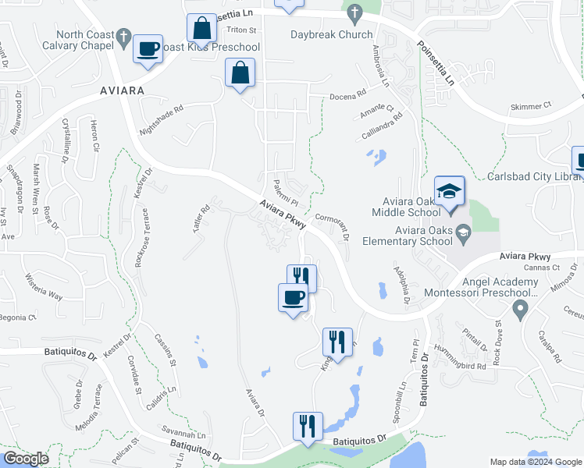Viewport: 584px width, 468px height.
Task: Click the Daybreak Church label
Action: click(331, 34)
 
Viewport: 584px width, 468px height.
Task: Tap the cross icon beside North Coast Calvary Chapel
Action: click(123, 36)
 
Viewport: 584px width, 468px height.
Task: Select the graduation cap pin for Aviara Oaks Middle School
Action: click(450, 191)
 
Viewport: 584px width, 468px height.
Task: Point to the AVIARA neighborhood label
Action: click(123, 90)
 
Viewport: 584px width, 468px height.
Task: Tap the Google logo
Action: click(26, 459)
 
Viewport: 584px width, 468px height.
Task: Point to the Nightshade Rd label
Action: click(161, 119)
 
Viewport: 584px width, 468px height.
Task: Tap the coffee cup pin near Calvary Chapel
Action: click(148, 48)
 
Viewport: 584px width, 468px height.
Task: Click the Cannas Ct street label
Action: click(543, 268)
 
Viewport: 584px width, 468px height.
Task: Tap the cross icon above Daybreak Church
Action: click(354, 13)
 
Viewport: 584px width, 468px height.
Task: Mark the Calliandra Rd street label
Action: click(381, 126)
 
